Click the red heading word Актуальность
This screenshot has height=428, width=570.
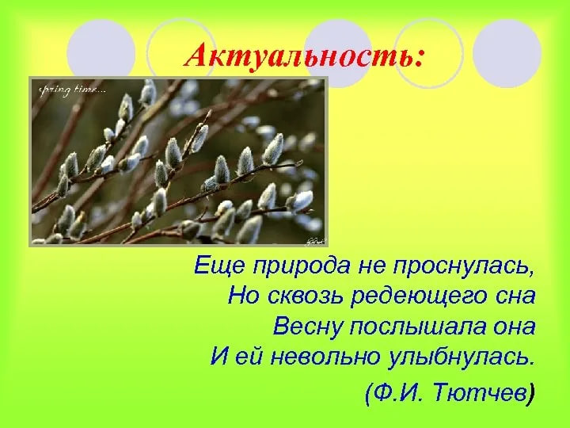coord(298,55)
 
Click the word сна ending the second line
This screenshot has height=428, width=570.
coord(515,297)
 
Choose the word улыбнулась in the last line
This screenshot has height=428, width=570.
coord(462,357)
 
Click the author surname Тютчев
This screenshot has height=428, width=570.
coord(480,392)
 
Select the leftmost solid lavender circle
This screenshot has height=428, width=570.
coord(101,54)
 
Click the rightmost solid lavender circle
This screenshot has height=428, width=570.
coord(507,54)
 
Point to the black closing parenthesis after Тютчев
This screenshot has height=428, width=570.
coord(531,393)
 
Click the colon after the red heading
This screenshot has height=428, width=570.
coord(419,59)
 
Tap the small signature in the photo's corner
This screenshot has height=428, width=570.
coord(316,241)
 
